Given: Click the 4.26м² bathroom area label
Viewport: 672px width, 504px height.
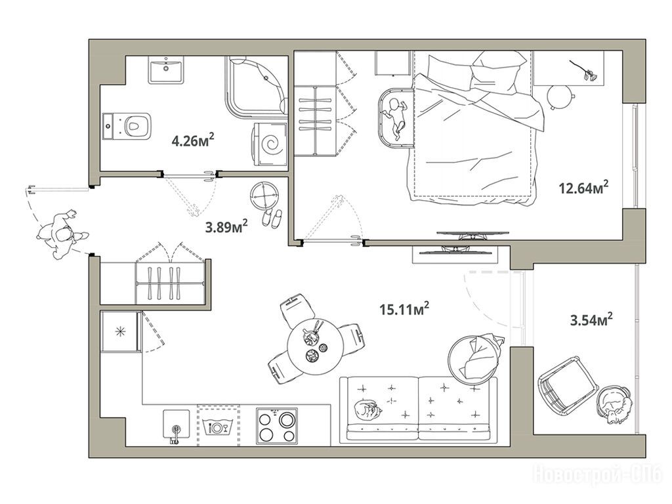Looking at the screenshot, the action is [x=193, y=140].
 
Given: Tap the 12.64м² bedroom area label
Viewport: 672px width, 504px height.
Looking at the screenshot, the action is [x=583, y=187].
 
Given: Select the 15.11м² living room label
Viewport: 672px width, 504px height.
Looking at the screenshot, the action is [x=404, y=308].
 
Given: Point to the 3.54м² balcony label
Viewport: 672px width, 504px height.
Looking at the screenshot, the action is [x=591, y=320].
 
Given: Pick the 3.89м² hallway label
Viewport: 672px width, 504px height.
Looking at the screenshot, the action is [x=226, y=226].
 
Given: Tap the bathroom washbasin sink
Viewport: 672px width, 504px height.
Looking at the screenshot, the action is [x=166, y=70].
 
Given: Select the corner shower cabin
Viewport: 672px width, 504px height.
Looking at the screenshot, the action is [x=257, y=87].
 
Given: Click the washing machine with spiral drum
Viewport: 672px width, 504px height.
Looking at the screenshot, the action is [x=270, y=144].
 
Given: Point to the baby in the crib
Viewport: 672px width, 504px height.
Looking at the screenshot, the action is [x=394, y=118].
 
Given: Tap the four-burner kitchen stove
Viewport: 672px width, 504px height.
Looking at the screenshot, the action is [x=277, y=426].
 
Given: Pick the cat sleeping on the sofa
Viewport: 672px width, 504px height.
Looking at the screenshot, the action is [x=367, y=410].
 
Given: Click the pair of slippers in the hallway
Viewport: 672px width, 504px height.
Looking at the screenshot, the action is [x=272, y=217].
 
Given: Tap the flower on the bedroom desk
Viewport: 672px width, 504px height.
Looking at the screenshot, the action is [x=584, y=71].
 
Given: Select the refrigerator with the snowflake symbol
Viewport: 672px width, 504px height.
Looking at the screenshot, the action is [x=121, y=332].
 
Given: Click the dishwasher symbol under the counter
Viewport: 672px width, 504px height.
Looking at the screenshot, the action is [x=218, y=426].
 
